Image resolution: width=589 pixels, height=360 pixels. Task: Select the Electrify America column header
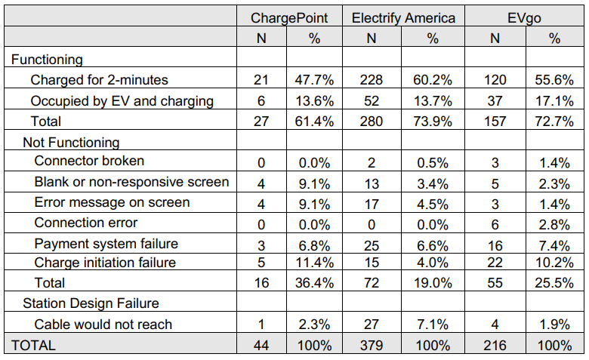click(404, 17)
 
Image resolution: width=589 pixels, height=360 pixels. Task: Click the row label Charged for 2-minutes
click(99, 79)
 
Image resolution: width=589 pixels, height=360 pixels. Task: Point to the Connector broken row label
click(89, 161)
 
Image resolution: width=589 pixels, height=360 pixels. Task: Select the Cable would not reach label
click(103, 324)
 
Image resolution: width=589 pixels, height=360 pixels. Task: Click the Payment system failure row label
click(106, 242)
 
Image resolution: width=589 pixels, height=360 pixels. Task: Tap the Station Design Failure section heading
click(91, 303)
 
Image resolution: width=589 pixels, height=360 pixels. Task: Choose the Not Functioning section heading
click(71, 141)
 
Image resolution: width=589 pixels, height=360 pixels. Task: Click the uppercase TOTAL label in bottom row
click(32, 345)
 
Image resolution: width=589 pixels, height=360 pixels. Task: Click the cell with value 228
click(371, 79)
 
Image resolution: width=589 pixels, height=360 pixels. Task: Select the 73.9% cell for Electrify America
click(433, 121)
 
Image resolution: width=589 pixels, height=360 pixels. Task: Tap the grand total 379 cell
click(371, 345)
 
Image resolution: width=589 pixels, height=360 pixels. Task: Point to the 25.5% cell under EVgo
click(555, 283)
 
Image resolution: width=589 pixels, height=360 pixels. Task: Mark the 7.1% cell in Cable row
click(433, 324)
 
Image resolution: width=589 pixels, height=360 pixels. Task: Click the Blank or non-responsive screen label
click(132, 182)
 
